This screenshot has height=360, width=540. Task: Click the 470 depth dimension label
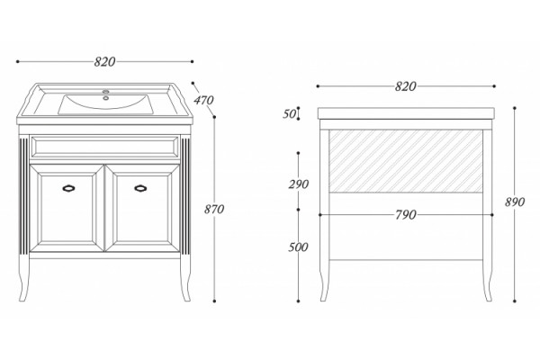coord(203,100)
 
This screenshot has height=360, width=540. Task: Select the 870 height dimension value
coord(214,209)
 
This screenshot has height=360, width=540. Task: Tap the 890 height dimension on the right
coord(515,202)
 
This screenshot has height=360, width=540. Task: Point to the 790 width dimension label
coord(406,215)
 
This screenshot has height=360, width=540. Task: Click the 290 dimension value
coord(298,184)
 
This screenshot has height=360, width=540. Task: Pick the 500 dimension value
coord(298,247)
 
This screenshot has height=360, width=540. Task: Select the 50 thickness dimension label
coord(289,113)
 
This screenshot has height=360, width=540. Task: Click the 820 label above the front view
coord(104,62)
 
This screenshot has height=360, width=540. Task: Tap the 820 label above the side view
coord(406,86)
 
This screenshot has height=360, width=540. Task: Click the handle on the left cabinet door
coord(68,188)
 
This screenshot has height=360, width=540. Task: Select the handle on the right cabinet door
coord(140,188)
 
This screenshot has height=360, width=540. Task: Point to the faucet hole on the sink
coord(106,98)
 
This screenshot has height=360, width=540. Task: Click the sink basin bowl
coord(105,104)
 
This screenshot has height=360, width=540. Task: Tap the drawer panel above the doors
coord(104,147)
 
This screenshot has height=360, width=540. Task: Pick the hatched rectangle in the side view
coord(406,161)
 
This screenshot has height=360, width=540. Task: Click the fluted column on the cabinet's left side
coord(24,196)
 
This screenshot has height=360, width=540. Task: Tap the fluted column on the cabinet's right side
coord(185,196)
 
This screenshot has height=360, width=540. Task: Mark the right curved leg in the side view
coord(487,280)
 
